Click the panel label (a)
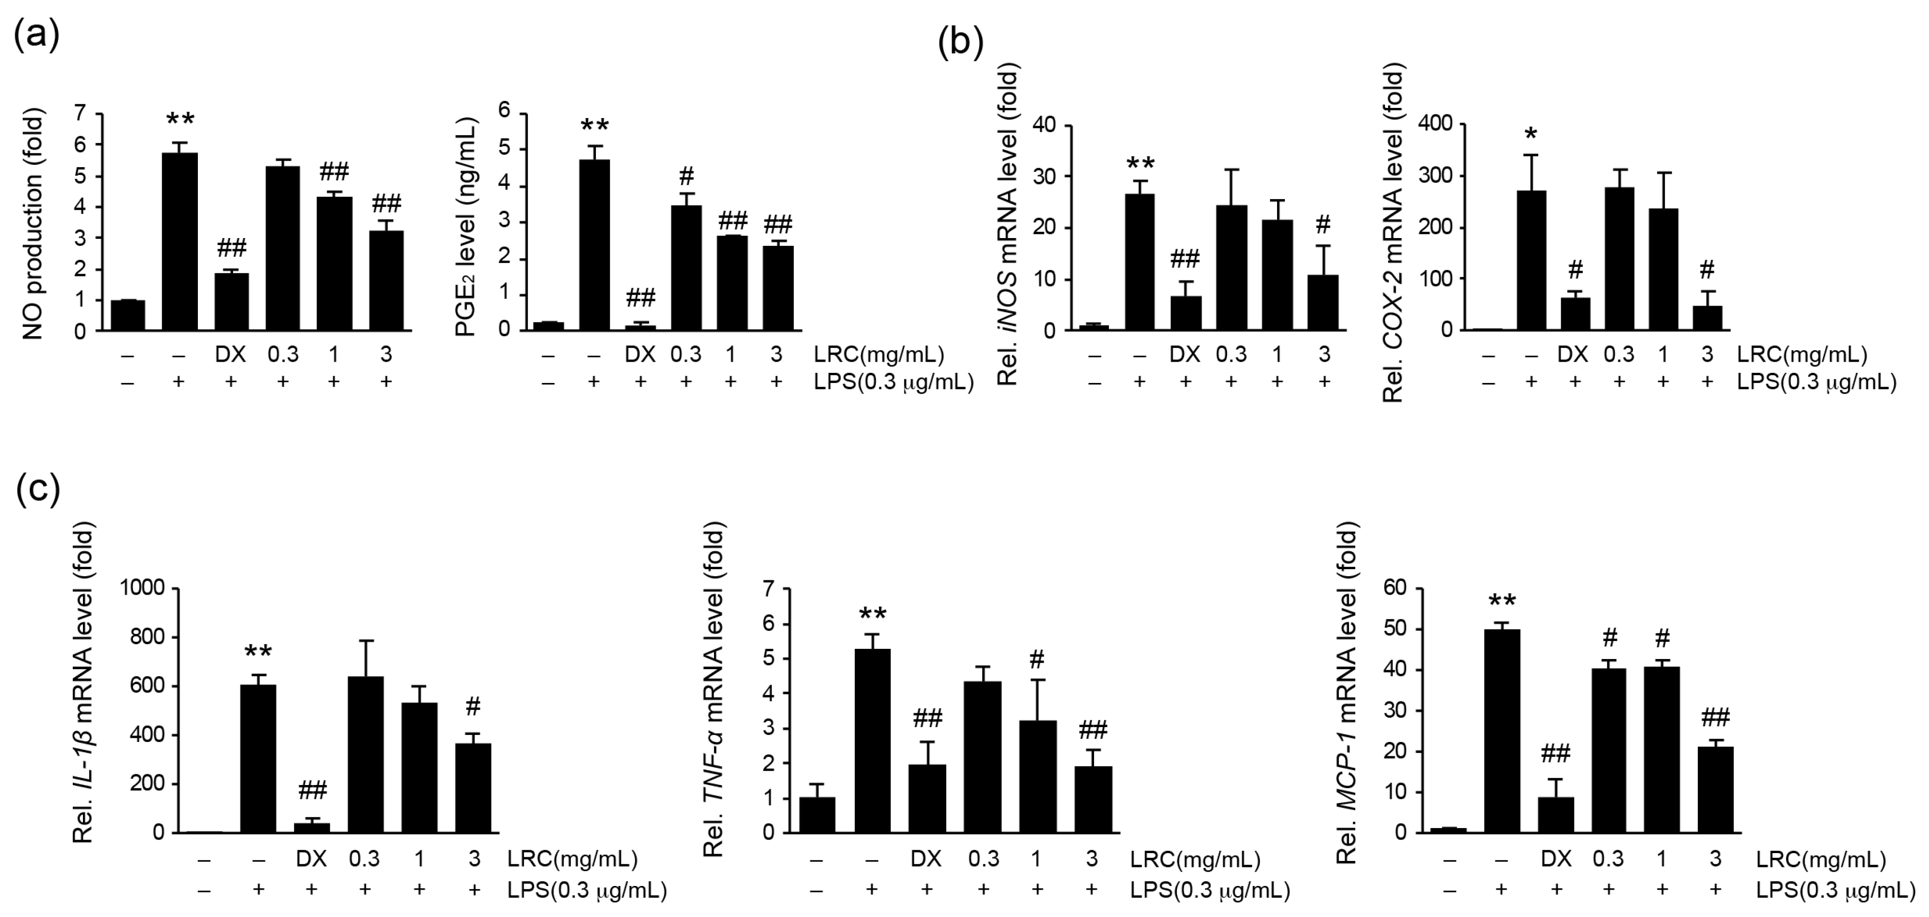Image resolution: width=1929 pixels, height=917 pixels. [x=36, y=35]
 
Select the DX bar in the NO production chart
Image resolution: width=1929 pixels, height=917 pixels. [x=231, y=302]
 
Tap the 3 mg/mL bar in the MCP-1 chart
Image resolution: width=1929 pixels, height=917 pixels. [x=1715, y=789]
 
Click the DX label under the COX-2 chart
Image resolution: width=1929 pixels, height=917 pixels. [x=1573, y=355]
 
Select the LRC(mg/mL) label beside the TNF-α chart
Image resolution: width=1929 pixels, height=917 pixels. [x=1195, y=860]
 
